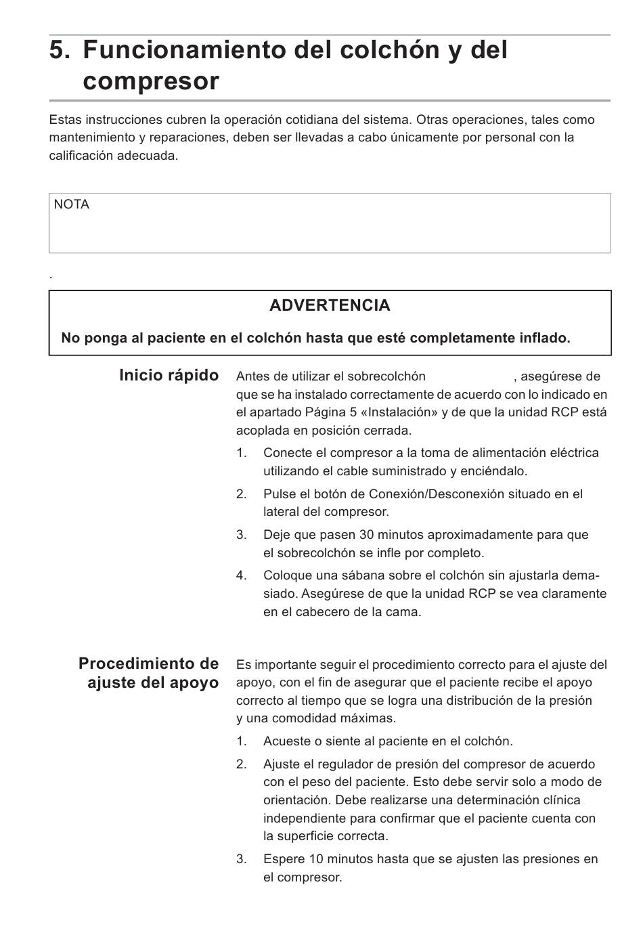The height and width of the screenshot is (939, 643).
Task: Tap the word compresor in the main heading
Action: pos(151,81)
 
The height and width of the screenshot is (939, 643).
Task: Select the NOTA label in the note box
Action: pos(71,204)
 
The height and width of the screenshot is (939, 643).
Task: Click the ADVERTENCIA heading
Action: pos(330,305)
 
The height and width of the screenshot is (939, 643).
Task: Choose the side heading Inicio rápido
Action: pos(169,376)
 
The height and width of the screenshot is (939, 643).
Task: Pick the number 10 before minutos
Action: pos(316,859)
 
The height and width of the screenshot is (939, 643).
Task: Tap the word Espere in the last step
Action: pos(284,859)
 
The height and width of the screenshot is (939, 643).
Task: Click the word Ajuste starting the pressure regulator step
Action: pos(282,764)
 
